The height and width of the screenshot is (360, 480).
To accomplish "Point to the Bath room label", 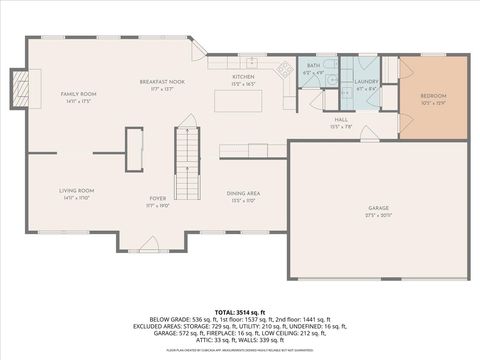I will point(313,66).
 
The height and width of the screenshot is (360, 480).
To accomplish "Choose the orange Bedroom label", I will point(433,96).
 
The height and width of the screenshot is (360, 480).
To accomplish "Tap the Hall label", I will point(341,119).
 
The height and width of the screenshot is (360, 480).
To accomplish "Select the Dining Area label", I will point(245,193).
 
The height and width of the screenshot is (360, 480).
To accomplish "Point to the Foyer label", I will point(158,198).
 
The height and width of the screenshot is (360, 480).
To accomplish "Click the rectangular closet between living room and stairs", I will point(132,153).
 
